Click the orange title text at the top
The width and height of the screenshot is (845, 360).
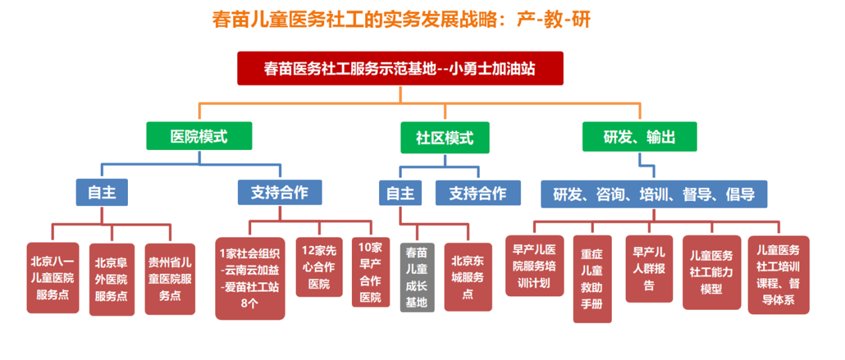(401, 19)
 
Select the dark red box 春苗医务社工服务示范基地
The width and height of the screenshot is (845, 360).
(401, 68)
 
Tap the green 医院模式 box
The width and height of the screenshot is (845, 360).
(199, 136)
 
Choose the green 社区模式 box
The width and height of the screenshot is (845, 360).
(444, 137)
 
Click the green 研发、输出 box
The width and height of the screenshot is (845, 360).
(639, 137)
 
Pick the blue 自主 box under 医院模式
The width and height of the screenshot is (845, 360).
(102, 192)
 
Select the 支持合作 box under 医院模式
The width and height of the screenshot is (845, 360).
(280, 193)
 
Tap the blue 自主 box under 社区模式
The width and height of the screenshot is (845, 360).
(401, 193)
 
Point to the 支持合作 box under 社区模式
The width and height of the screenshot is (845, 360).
(478, 193)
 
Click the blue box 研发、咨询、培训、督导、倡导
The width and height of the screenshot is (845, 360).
(654, 194)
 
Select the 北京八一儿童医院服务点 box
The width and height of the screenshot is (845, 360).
(53, 278)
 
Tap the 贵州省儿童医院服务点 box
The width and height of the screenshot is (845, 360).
(170, 279)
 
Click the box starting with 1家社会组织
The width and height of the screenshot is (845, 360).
(250, 279)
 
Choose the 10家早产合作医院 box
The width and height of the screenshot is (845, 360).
(371, 272)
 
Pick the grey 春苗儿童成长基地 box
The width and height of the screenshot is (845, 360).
(417, 277)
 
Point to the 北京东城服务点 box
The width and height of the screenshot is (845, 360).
(468, 277)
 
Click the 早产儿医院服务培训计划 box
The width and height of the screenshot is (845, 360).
(534, 265)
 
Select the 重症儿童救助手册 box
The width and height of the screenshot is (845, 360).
(592, 279)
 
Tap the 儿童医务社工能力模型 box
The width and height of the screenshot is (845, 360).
(712, 272)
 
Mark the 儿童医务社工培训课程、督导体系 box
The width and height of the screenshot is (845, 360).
(778, 275)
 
